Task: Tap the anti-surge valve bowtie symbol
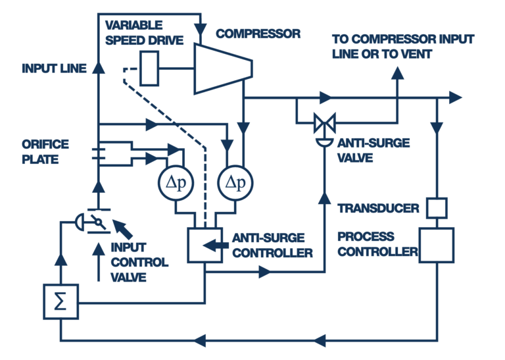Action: point(324,122)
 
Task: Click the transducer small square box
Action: point(437,207)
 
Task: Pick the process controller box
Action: point(437,245)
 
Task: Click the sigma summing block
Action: point(60,301)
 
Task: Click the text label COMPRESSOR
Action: point(258,34)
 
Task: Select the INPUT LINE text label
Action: point(54,68)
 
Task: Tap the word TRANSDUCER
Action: point(378,209)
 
